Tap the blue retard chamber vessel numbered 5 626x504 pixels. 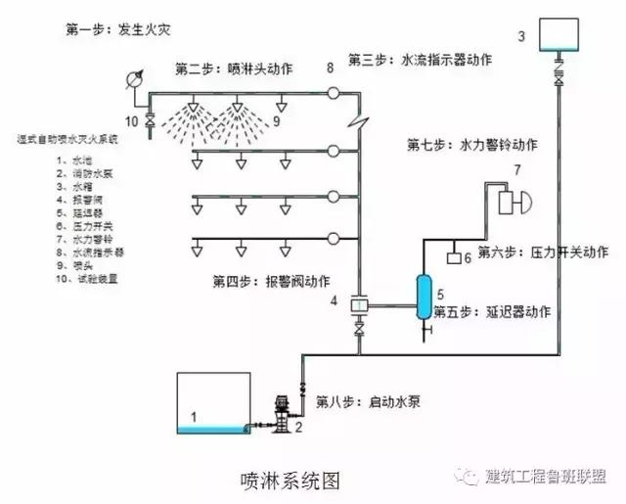(x=424, y=295)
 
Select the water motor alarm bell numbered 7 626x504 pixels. (x=513, y=203)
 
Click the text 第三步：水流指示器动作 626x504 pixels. (x=422, y=60)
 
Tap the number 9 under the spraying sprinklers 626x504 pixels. (x=277, y=121)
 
